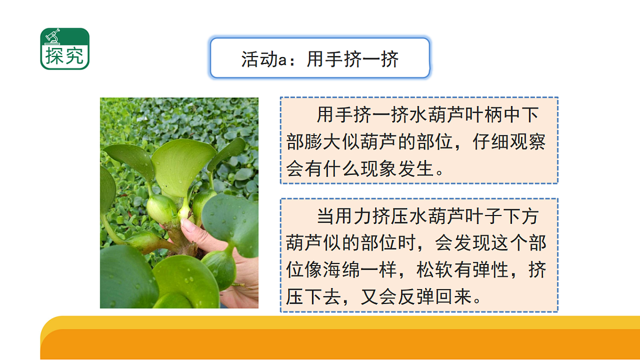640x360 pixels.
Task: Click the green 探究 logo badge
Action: (65, 49)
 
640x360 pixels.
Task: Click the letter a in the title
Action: (283, 59)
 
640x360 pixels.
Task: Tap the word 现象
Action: (374, 169)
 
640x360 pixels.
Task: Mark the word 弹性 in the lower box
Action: (493, 270)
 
